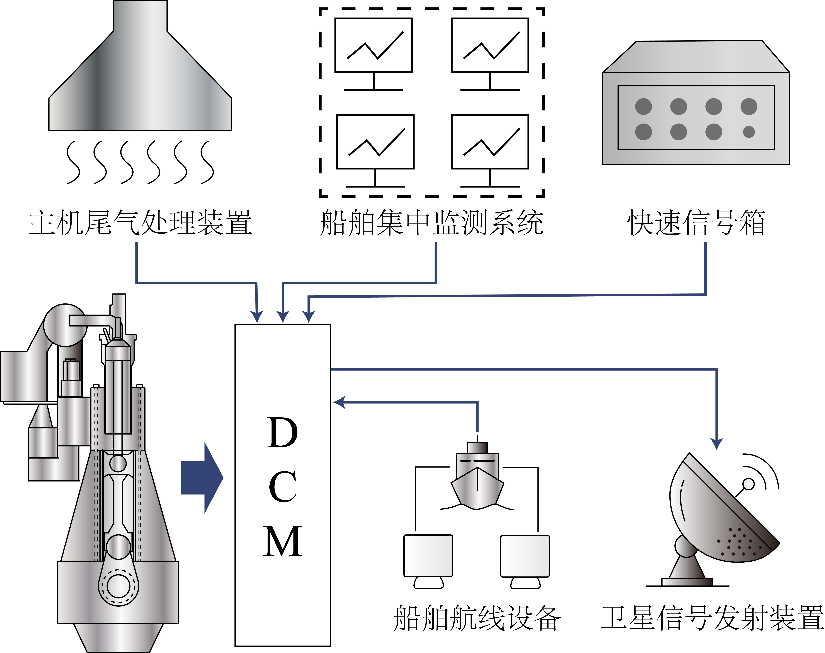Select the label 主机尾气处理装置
click(140, 222)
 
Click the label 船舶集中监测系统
click(431, 222)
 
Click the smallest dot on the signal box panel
click(749, 132)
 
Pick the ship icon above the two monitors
click(477, 478)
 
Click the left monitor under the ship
click(428, 556)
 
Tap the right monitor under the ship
click(525, 556)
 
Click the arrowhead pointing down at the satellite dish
click(716, 443)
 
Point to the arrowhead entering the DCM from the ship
click(339, 402)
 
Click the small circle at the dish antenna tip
click(748, 484)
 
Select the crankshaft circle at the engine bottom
click(119, 586)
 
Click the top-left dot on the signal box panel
click(643, 106)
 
